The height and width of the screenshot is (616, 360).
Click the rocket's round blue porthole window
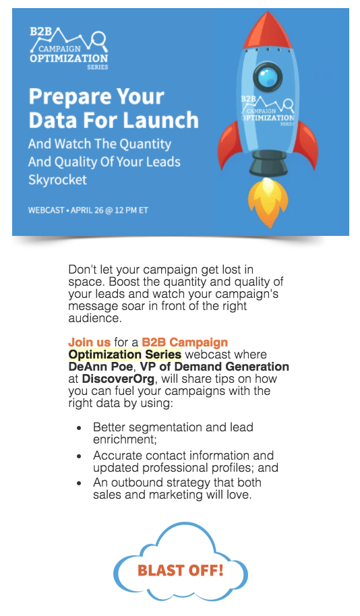point(268,75)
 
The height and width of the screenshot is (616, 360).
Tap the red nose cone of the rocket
point(268,31)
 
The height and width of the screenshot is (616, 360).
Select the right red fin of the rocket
point(307,145)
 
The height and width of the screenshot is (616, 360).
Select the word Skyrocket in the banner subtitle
point(57,180)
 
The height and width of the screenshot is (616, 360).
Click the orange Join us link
point(89,342)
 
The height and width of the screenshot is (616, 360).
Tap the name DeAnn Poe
point(100,367)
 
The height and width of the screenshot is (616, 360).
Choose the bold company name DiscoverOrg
point(118,379)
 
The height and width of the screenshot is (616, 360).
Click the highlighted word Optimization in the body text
point(105,355)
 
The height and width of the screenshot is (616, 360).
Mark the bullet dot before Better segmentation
point(80,428)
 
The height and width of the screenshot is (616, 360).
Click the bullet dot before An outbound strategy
point(80,483)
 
